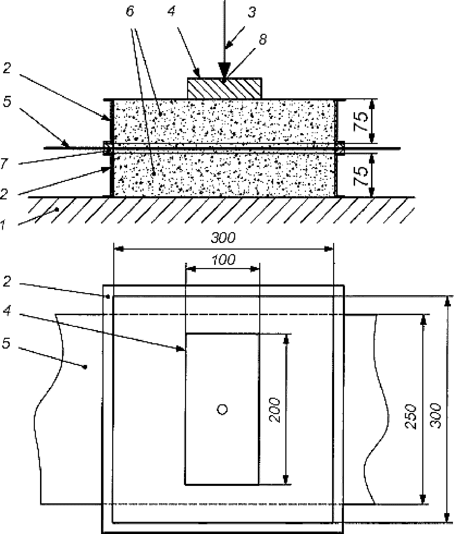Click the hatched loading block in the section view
tap(224, 88)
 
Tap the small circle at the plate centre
tap(222, 410)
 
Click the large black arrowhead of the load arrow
tap(224, 70)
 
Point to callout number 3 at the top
tap(252, 12)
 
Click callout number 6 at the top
tap(130, 11)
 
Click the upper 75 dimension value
tap(361, 121)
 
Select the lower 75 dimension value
tap(361, 176)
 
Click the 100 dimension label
tap(223, 260)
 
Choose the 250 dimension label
tap(410, 417)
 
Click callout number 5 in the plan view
tap(6, 344)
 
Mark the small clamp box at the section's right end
tap(341, 148)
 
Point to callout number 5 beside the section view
tap(7, 102)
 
